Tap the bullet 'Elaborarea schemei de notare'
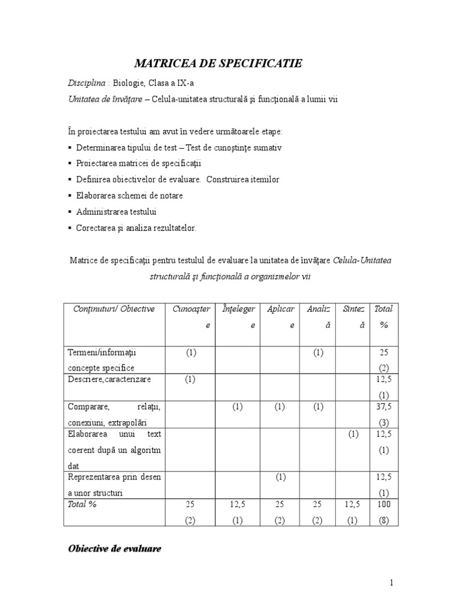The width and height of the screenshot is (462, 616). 129,196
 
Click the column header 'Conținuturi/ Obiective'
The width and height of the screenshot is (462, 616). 114,309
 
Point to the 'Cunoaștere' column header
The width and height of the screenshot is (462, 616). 191,316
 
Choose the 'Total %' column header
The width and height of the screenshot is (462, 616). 383,316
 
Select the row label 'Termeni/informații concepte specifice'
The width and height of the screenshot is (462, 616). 105,359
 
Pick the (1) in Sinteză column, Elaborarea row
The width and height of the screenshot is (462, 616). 353,433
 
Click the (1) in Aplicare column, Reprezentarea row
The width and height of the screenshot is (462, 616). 280,477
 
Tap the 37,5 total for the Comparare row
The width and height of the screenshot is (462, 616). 383,407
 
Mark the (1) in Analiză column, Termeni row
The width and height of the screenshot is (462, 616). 318,351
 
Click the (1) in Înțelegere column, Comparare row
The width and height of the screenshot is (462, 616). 237,407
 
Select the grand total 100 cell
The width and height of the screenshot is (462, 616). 383,504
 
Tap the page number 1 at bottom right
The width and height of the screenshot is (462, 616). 391,582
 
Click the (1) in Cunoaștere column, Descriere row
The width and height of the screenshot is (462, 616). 191,379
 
